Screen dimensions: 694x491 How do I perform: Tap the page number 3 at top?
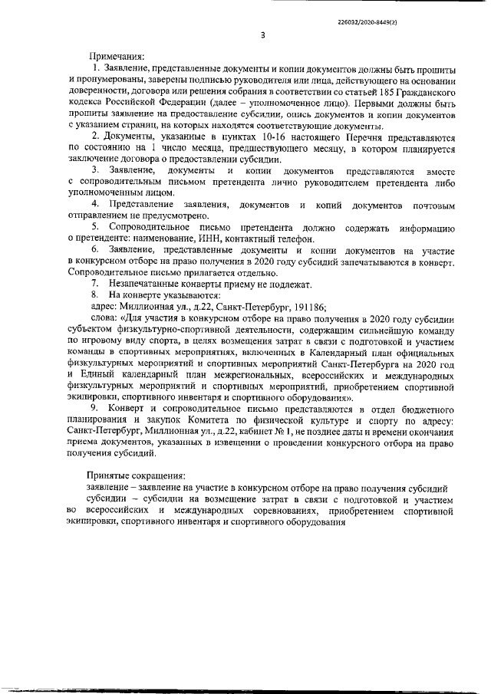coord(262,35)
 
